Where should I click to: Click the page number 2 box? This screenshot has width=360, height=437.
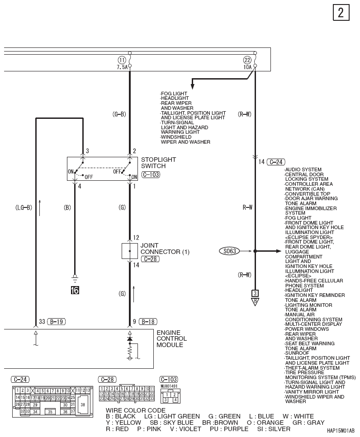[341, 13]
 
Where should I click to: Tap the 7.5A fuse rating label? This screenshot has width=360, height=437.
[122, 67]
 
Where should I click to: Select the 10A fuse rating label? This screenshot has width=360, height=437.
[247, 67]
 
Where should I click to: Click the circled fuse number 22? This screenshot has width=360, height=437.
[247, 60]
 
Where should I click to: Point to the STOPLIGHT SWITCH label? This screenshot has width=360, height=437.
[158, 163]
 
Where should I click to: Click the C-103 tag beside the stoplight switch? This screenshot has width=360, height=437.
[151, 175]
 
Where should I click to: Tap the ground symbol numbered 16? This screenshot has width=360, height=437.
[75, 284]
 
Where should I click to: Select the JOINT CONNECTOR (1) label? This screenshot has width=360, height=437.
[165, 249]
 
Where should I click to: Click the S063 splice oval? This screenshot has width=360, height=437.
[229, 251]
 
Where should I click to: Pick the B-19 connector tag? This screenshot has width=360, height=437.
[57, 322]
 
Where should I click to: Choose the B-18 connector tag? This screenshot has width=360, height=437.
[148, 322]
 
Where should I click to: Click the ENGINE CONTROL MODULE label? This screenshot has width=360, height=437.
[171, 338]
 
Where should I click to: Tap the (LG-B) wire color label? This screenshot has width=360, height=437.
[24, 207]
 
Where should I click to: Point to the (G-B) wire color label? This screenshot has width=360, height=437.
[119, 114]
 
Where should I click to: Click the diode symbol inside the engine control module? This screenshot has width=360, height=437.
[130, 338]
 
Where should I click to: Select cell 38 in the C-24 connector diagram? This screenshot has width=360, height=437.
[83, 404]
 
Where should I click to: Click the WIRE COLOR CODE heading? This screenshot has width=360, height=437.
[136, 410]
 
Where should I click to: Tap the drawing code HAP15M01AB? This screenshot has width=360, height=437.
[341, 431]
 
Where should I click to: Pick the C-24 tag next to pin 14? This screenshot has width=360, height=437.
[276, 162]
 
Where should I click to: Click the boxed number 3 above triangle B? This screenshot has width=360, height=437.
[255, 293]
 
